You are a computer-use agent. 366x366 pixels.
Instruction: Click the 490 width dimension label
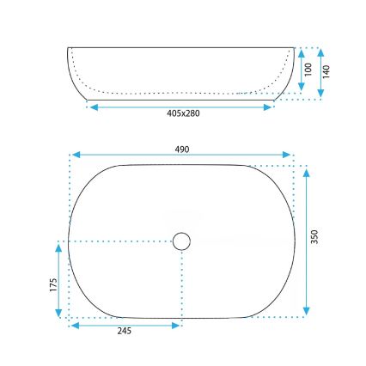click(181, 149)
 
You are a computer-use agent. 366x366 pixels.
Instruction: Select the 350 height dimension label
click(315, 236)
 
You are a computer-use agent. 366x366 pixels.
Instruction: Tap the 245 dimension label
click(125, 332)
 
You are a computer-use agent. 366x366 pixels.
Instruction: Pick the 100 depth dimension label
click(308, 68)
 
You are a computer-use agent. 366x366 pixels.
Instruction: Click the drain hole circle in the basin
click(181, 241)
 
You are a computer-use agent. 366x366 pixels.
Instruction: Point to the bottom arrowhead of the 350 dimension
click(307, 313)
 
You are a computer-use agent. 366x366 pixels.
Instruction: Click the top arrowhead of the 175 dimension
click(58, 246)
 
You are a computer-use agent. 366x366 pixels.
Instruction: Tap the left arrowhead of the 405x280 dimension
click(92, 107)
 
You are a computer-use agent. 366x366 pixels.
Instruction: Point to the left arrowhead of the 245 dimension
click(73, 325)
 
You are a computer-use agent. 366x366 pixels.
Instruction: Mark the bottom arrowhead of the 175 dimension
click(58, 315)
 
